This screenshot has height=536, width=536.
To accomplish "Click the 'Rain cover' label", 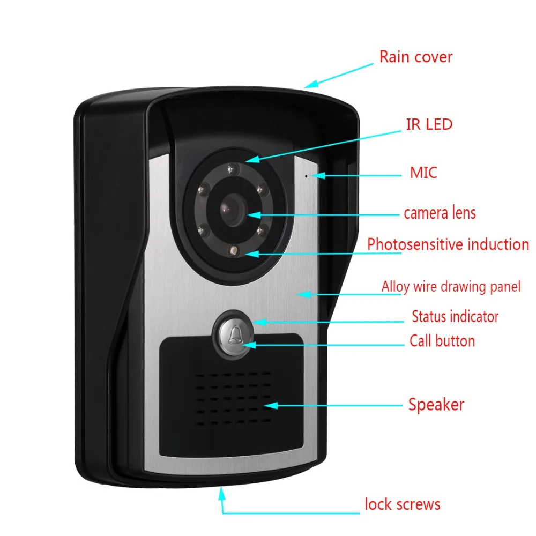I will pos(415,57).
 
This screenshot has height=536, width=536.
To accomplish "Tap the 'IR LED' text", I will pos(428,124).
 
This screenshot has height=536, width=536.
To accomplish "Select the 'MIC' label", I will pos(423,173).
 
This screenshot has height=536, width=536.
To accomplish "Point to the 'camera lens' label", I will pos(440,213).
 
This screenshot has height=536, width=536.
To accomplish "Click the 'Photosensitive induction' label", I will pos(448,244).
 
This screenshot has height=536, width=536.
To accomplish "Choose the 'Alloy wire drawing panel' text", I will pos(451,287).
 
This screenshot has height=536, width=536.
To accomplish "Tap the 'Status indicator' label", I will pos(455,316).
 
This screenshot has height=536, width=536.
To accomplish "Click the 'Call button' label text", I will pos(442,341).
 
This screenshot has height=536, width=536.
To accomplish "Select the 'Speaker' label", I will pos(436,404).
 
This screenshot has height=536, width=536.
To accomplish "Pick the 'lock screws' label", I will pos(403,504).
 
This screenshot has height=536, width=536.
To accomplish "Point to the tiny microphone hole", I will pos(307,175).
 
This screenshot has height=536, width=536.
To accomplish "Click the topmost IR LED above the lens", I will pos(232,169).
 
